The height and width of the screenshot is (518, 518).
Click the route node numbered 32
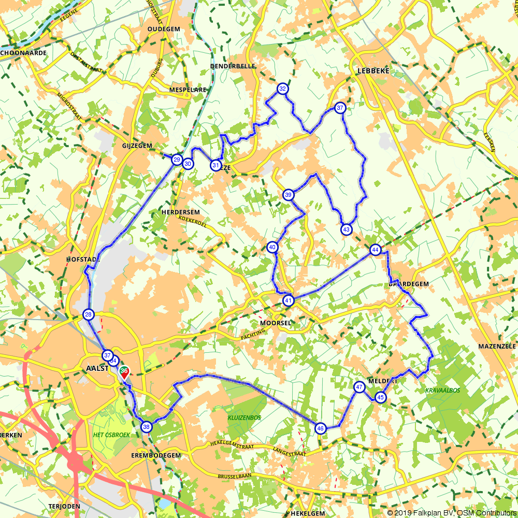pyautogui.click(x=282, y=89)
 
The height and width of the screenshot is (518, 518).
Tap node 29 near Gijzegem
pyautogui.click(x=177, y=160)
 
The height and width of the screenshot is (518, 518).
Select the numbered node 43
pyautogui.click(x=346, y=229)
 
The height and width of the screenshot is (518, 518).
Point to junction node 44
pyautogui.click(x=375, y=250)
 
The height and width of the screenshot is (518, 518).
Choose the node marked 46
pyautogui.click(x=320, y=428)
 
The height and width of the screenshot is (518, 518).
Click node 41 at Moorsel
pyautogui.click(x=288, y=300)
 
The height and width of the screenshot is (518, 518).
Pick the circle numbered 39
pyautogui.click(x=289, y=195)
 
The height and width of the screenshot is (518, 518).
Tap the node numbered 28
pyautogui.click(x=89, y=314)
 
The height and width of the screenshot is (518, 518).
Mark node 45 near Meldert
pyautogui.click(x=381, y=397)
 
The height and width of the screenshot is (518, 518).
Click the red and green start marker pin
pyautogui.click(x=124, y=372)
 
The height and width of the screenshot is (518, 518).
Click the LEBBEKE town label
pyautogui.click(x=373, y=71)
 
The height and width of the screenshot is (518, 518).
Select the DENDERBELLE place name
pyautogui.click(x=233, y=66)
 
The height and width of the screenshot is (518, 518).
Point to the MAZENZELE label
pyautogui.click(x=496, y=346)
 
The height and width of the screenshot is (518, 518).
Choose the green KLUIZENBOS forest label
pyautogui.click(x=244, y=417)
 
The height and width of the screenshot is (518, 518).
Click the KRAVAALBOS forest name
pyautogui.click(x=442, y=390)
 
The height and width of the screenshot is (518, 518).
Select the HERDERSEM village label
pyautogui.click(x=180, y=212)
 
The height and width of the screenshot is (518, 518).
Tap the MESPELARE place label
pyautogui.click(x=188, y=90)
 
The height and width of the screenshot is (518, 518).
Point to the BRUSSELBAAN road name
pyautogui.click(x=234, y=475)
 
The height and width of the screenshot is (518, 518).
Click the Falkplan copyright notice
pyautogui.click(x=451, y=513)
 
